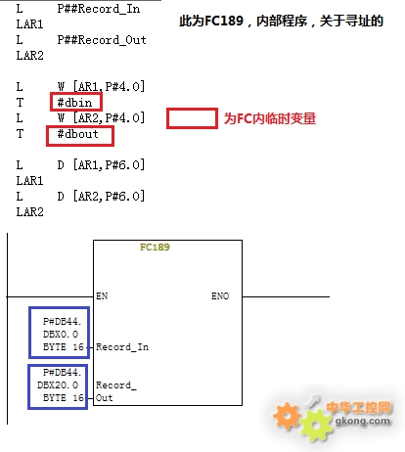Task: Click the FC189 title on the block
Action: click(155, 247)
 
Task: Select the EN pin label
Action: click(102, 295)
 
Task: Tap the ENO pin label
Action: click(220, 295)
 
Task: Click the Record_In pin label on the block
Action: click(122, 347)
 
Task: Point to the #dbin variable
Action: click(74, 103)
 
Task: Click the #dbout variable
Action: click(77, 134)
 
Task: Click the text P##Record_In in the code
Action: click(99, 9)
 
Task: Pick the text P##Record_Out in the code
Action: click(102, 40)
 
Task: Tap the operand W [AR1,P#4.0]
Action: click(101, 87)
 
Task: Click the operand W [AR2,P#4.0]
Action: click(101, 117)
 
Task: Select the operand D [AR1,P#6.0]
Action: click(101, 165)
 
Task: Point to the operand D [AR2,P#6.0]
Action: click(101, 197)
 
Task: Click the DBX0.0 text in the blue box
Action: click(61, 335)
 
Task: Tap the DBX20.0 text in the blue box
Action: click(58, 385)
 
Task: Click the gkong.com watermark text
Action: click(363, 421)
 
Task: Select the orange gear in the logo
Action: click(287, 416)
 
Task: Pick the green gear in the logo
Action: click(316, 425)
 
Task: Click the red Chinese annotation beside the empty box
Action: click(270, 118)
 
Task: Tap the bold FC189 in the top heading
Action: click(224, 21)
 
